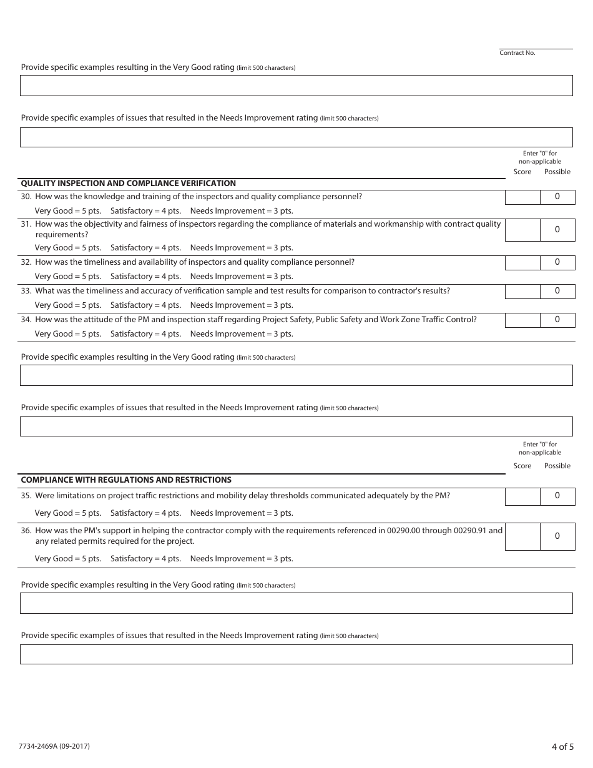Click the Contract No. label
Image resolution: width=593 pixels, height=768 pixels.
[x=517, y=53]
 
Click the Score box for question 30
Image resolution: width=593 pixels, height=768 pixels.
[x=522, y=197]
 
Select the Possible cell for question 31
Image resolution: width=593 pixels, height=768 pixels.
[x=557, y=230]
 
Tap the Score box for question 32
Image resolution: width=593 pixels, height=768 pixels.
[x=522, y=263]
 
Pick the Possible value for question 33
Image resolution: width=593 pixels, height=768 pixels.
[x=557, y=291]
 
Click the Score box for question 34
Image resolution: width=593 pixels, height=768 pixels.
[x=522, y=320]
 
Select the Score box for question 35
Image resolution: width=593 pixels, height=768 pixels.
[x=522, y=496]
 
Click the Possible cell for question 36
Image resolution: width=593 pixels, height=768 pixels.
[x=557, y=536]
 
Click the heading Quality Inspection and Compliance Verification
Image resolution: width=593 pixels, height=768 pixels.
[x=129, y=184]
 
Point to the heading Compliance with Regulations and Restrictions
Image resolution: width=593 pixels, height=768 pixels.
[x=126, y=480]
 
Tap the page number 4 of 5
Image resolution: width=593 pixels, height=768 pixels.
[x=562, y=747]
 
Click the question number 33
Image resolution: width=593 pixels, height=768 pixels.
[x=26, y=291]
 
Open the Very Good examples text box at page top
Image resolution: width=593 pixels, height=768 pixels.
[x=296, y=86]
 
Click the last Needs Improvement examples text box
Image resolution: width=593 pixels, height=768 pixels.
[x=296, y=654]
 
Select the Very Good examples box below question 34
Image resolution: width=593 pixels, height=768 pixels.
[x=296, y=375]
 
